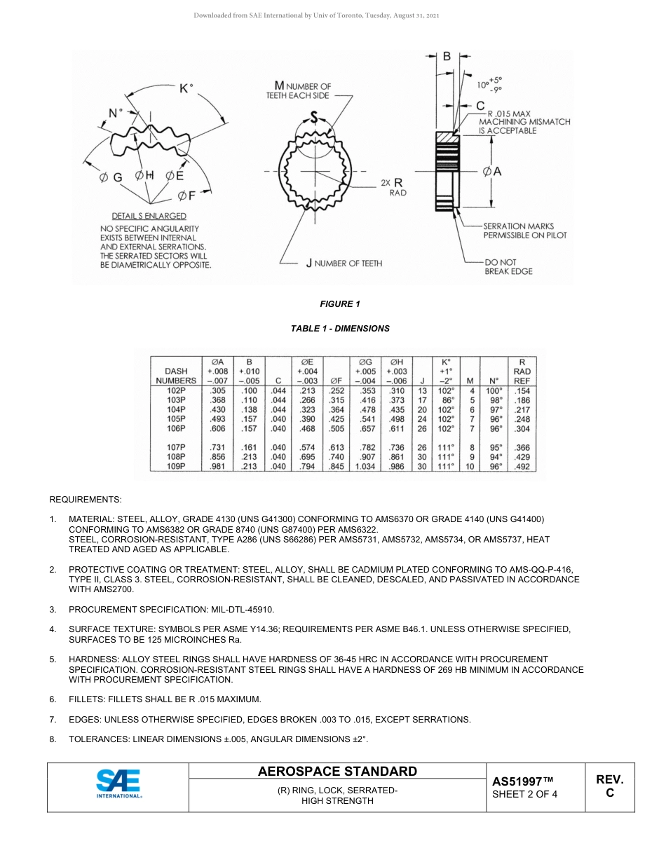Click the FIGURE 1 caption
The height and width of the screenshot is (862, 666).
click(x=340, y=304)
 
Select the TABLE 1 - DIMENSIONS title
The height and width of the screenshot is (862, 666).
click(x=340, y=328)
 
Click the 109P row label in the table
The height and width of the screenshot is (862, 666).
click(x=175, y=466)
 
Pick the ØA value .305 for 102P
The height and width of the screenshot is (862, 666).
click(x=217, y=390)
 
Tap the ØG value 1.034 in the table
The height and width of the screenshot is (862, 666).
click(x=365, y=466)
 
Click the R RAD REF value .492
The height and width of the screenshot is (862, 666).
click(x=522, y=466)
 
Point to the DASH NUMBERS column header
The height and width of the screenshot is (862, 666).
click(x=175, y=376)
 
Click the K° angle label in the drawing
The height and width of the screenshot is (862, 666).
click(x=186, y=88)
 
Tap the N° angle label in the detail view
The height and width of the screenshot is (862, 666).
click(x=115, y=112)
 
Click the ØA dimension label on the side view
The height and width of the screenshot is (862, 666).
click(x=491, y=171)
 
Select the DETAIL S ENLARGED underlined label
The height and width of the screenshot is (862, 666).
click(x=149, y=216)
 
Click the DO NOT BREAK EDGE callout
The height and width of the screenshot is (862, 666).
click(x=508, y=266)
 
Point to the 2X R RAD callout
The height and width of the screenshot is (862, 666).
click(x=394, y=186)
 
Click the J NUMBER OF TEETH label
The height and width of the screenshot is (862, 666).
click(x=344, y=264)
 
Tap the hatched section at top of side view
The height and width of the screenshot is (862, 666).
click(x=447, y=137)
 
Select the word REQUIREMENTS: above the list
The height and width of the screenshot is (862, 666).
click(x=85, y=500)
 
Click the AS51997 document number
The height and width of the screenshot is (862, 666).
click(x=522, y=781)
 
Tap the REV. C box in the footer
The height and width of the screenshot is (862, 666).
click(x=609, y=786)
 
